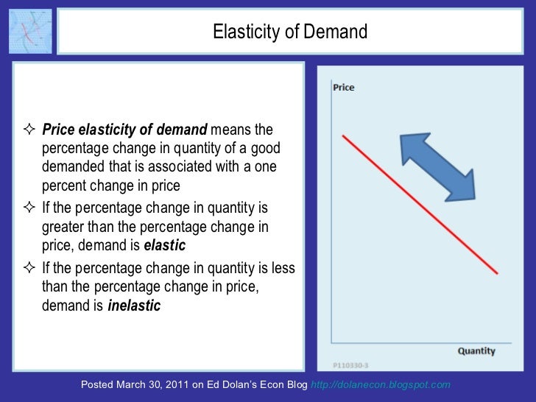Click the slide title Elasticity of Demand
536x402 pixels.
[x=289, y=32]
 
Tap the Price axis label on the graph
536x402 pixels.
[x=344, y=88]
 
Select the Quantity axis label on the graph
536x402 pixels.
[x=476, y=351]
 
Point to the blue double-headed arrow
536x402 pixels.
[x=437, y=166]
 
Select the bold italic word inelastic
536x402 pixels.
[x=134, y=306]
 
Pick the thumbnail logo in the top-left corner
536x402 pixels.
[x=30, y=31]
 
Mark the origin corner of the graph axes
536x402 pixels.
[x=334, y=343]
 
